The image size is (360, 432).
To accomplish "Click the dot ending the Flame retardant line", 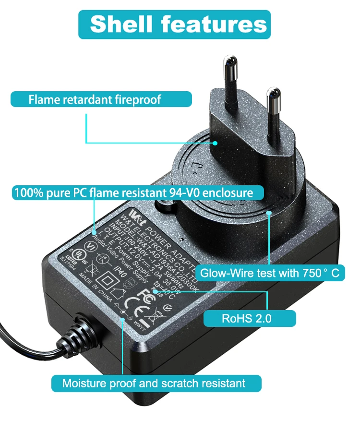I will click(x=215, y=143).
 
